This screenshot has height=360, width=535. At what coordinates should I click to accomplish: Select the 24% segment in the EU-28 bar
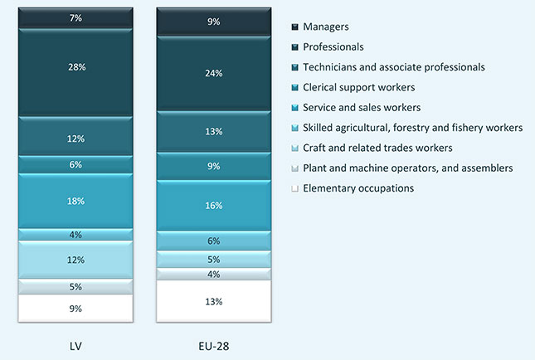coord(213,72)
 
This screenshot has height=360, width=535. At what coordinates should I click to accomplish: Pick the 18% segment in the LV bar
coord(75,201)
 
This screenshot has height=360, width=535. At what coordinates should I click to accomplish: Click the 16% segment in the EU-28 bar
coord(213,205)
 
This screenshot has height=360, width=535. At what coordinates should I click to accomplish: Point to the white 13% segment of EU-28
coord(213,301)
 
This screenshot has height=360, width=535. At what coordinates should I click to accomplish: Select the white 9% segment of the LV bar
coord(75,308)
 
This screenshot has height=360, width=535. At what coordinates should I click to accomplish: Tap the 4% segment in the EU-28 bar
coord(213,274)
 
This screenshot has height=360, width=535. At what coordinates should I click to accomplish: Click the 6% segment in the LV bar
coord(75,165)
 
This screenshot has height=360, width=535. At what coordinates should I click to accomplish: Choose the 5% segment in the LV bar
coord(75,287)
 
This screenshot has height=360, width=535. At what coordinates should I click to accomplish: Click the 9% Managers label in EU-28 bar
coord(213,22)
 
